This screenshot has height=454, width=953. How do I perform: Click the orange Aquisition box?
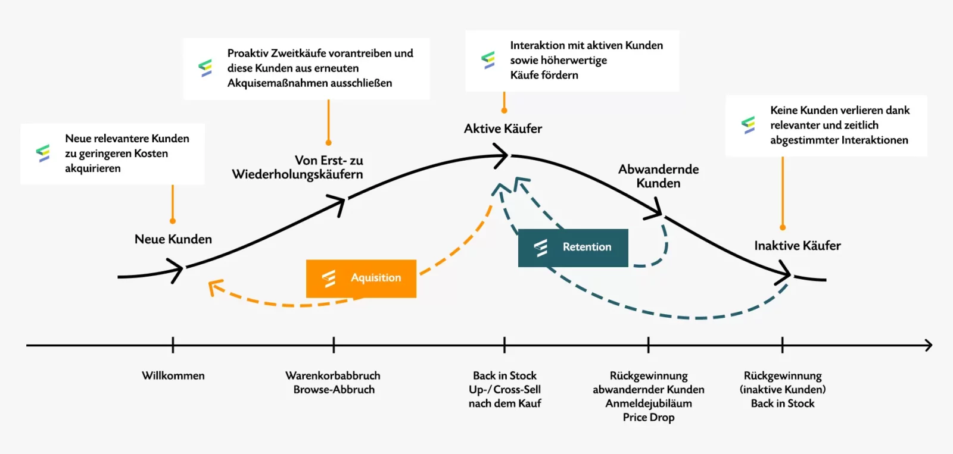pos(361,278)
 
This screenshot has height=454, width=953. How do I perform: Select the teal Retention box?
pos(573,248)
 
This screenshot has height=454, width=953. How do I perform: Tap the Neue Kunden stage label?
pos(173,239)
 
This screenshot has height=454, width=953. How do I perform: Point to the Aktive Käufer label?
pos(503,129)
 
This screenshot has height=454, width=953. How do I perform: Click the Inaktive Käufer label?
pos(798,245)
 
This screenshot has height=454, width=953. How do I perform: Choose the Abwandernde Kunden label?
pos(658,176)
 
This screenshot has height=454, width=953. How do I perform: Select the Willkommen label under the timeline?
pos(173,375)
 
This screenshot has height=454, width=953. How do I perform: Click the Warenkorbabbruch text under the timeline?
pos(333,375)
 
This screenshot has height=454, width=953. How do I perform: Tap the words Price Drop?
pos(649,417)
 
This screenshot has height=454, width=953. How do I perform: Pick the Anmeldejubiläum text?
pos(649,403)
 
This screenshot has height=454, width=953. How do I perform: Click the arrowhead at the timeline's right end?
pos(929,345)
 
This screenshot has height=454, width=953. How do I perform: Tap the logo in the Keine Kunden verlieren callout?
pos(748,125)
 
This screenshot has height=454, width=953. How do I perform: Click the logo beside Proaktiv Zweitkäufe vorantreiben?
pos(205,68)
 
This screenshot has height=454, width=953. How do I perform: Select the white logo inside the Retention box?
pos(541,248)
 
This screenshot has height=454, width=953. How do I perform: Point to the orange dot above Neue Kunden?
pos(173,221)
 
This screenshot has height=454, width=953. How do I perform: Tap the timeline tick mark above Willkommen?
pos(173,345)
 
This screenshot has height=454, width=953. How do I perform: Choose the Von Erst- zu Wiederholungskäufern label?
pos(297,167)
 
